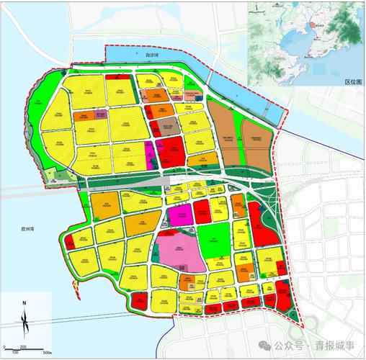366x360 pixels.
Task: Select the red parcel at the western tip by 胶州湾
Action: point(70,243)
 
